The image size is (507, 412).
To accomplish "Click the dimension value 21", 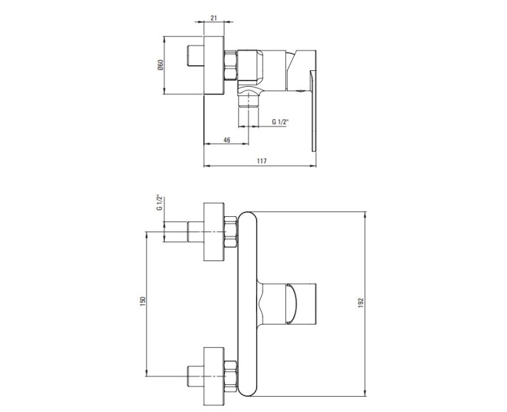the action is coord(214,18).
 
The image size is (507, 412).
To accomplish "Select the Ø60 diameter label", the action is coord(161,65).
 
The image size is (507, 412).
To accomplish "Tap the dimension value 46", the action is coord(227,139).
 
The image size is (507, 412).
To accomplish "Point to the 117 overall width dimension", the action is coord(262,161).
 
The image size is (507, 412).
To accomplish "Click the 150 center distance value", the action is coord(143,300).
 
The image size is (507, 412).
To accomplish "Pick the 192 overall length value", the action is coord(361,303).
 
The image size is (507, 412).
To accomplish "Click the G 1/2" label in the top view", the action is coord(279,122).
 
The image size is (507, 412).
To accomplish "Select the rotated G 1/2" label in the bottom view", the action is coord(160,203).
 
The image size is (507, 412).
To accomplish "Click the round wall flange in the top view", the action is coord(214,65).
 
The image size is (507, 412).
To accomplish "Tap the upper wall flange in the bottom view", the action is coord(214,232).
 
